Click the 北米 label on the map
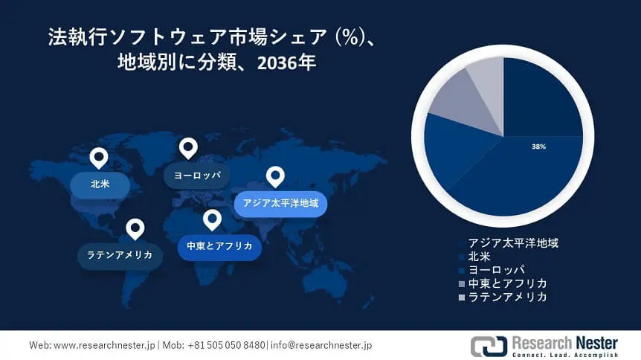click(100, 184)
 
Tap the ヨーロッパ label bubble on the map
click(196, 176)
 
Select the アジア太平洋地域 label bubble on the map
click(280, 203)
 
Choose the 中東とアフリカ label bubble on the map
click(219, 246)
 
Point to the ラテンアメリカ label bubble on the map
click(120, 255)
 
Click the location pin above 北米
click(99, 158)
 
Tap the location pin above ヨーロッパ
click(188, 148)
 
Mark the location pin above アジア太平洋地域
click(276, 177)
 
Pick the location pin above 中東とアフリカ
click(212, 219)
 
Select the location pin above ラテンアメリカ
click(135, 229)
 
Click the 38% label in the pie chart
click(539, 147)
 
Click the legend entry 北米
click(475, 257)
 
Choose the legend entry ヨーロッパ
click(492, 270)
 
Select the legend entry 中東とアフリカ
click(503, 283)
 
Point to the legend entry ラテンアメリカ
click(503, 297)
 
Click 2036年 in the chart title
click(286, 62)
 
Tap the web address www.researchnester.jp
click(105, 345)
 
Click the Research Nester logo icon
click(489, 346)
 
